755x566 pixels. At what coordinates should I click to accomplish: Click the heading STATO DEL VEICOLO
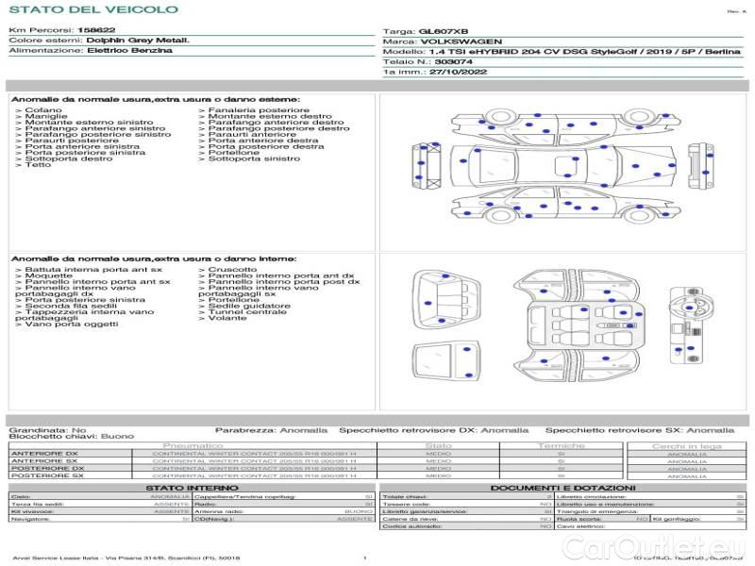point(93,9)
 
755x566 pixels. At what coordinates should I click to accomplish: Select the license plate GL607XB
point(443,31)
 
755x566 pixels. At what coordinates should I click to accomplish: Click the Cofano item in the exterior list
point(44,110)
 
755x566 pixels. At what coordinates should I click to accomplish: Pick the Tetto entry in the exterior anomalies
point(38,166)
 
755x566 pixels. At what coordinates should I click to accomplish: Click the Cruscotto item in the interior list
point(232,270)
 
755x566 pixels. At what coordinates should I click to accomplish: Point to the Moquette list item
point(48,275)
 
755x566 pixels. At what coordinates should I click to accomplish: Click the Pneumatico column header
point(193,445)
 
